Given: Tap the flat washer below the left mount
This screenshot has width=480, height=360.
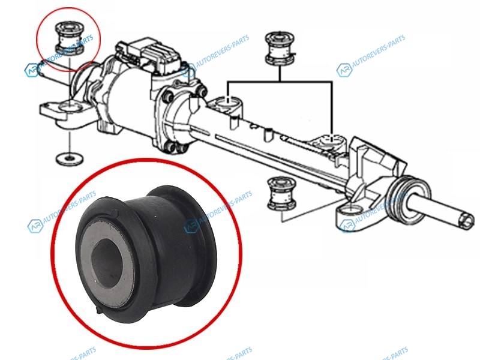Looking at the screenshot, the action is coord(70,158).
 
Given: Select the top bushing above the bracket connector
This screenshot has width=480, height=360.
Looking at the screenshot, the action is coord(280,48).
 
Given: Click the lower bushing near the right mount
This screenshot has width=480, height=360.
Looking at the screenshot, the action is coord(281,193).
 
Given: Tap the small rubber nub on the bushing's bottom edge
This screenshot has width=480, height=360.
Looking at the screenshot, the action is coord(100,310).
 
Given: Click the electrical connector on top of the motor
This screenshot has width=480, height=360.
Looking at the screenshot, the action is coord(149,55).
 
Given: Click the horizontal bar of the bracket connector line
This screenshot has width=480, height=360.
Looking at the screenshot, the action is coord(280,82).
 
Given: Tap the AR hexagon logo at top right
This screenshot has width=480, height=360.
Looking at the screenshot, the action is coord(344,70).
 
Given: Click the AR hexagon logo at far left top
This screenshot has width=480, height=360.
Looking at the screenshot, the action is coord(32,70).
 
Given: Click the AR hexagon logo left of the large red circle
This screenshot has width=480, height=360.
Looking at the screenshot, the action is coord(35,226).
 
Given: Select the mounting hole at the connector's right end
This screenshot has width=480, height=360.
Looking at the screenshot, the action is coord(332,139).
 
